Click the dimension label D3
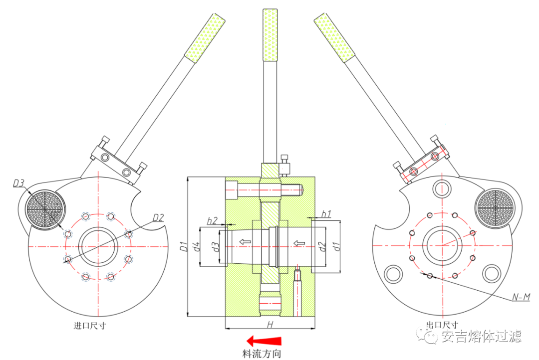tap(19, 183)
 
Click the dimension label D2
tap(159, 217)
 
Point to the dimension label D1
tap(183, 246)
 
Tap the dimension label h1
tap(326, 214)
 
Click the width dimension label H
tap(269, 325)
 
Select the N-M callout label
tap(522, 298)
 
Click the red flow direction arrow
tap(265, 341)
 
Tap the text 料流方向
tap(262, 354)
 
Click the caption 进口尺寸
tap(90, 326)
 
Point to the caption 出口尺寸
tap(442, 325)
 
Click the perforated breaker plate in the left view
tap(45, 208)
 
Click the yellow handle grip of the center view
tap(269, 35)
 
